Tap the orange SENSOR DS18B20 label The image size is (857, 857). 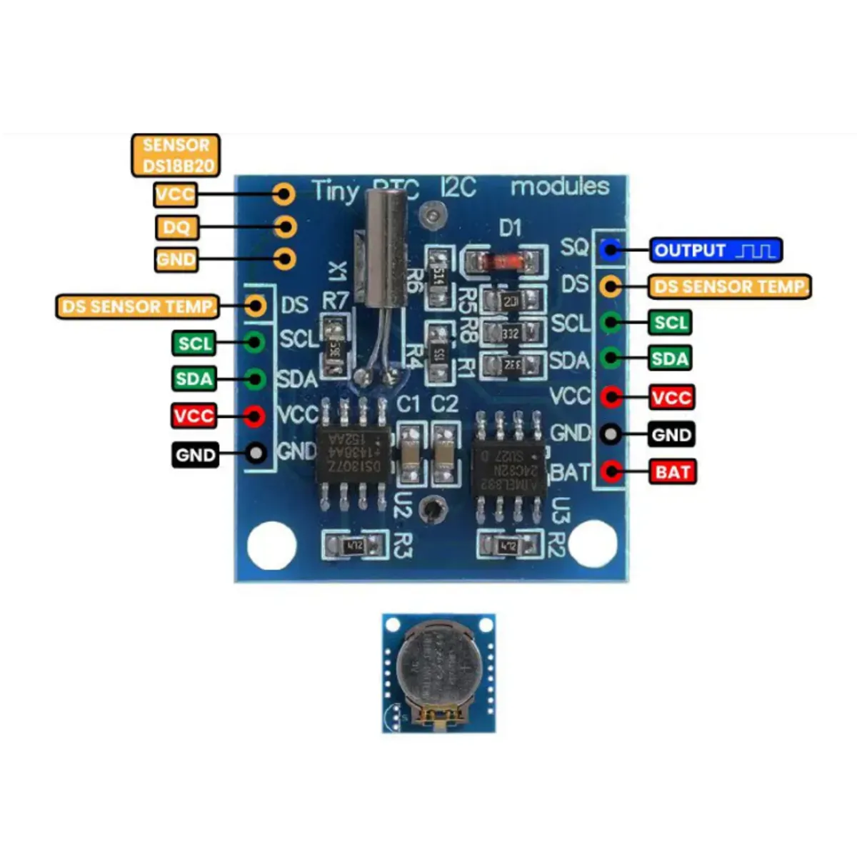tap(176, 155)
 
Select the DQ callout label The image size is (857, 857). tap(176, 227)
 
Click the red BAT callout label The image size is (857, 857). tap(672, 471)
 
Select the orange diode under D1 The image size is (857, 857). tap(500, 259)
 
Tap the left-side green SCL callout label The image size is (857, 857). tap(195, 344)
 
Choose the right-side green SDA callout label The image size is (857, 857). tap(669, 359)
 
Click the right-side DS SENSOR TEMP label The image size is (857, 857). tap(730, 287)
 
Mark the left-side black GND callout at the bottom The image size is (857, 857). tap(195, 455)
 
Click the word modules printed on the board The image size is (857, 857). tap(560, 187)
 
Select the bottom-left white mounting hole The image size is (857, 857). tap(271, 546)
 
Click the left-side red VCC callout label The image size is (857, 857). tap(194, 416)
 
